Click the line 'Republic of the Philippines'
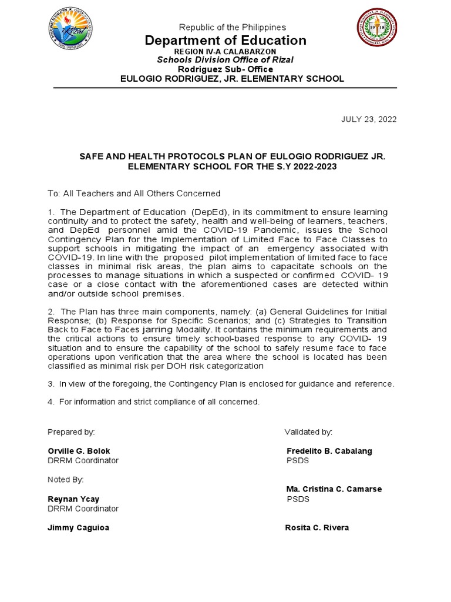pos(233,27)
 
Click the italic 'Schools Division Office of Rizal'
pos(225,60)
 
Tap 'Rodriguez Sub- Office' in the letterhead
pos(225,69)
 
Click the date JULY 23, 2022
pos(369,119)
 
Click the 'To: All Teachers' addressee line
pos(134,193)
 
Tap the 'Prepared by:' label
pos(71,432)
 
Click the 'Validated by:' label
pos(309,432)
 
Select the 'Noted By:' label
pos(66,480)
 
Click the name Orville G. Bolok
pos(79,451)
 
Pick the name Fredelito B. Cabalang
pos(329,451)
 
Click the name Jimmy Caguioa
pos(78,527)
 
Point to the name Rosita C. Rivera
pos(317,527)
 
